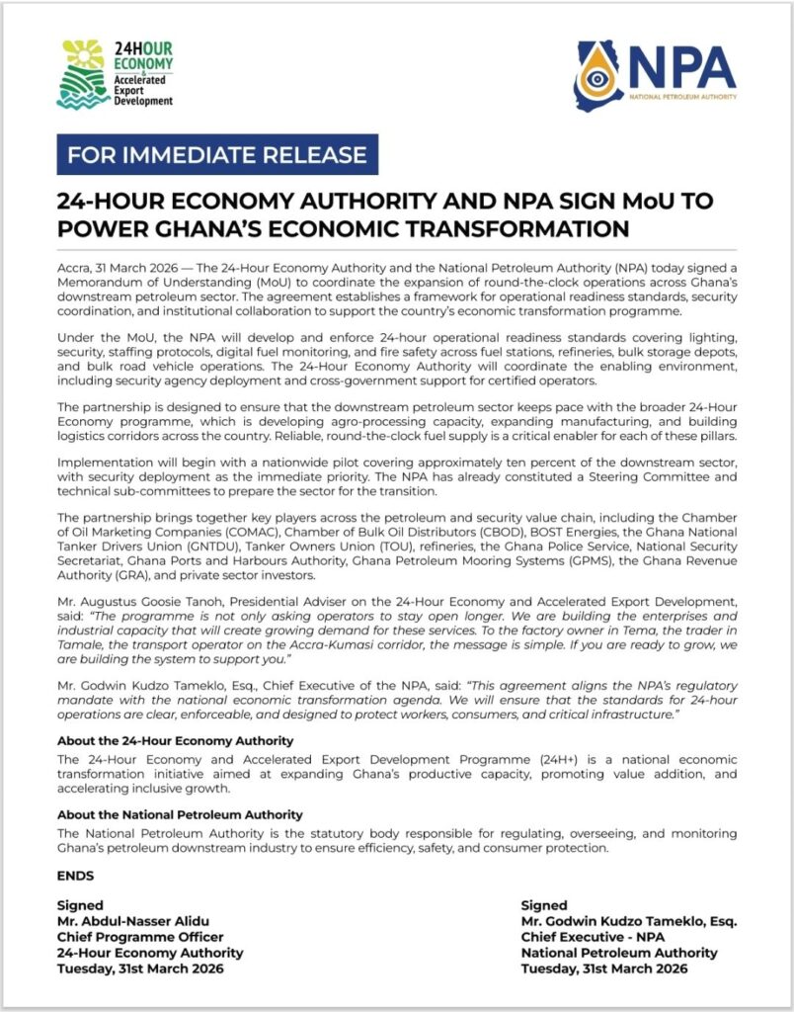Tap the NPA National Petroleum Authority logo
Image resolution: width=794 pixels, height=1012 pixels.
tap(656, 77)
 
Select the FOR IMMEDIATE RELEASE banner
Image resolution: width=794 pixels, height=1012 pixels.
tap(217, 154)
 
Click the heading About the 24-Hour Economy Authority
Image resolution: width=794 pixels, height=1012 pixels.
tap(176, 740)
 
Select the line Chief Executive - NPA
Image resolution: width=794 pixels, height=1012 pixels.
tap(601, 937)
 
